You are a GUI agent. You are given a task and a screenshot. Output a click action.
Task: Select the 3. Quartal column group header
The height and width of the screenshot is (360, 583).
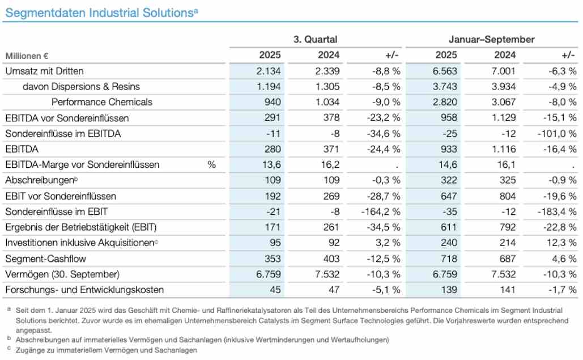point(315,40)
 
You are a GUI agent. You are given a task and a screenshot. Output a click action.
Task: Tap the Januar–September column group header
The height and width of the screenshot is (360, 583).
point(491,40)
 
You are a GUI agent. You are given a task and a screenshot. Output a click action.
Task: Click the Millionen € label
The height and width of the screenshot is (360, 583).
point(26,56)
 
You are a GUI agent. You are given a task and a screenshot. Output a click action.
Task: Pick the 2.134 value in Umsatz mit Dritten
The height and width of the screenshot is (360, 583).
point(269,71)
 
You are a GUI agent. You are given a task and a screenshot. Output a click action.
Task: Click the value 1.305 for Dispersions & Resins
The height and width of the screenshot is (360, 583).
point(327,87)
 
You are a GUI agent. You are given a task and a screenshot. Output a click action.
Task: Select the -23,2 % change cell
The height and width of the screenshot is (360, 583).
point(384,118)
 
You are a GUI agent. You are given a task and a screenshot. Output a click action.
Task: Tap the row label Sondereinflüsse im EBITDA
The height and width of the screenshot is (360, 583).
point(62,134)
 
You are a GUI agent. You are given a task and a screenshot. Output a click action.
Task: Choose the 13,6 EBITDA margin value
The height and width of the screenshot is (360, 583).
point(271,165)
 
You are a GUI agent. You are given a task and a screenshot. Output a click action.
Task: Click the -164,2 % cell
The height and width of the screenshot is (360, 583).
point(381,211)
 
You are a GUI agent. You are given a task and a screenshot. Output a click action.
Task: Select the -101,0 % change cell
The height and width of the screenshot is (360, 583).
point(558,134)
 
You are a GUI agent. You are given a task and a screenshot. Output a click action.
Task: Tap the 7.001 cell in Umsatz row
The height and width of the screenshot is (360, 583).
point(504,71)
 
